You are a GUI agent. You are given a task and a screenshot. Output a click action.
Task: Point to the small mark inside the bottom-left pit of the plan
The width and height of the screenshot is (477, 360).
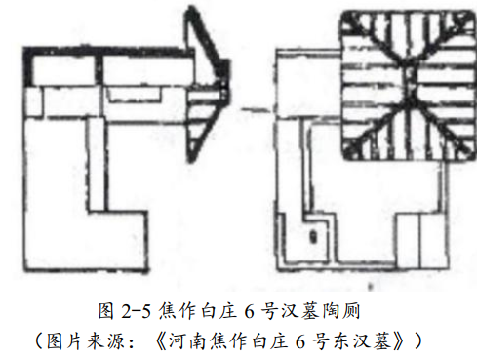coord(311,235)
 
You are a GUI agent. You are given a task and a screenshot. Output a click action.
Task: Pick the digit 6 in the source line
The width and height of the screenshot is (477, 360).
coord(305,341)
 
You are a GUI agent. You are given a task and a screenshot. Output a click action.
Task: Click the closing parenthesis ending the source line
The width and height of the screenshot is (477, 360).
coord(421,341)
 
